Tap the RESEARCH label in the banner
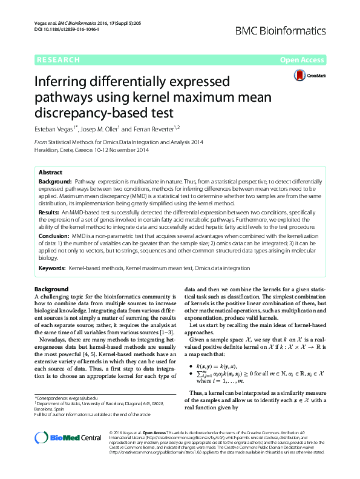(58, 60)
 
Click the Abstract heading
(50, 173)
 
